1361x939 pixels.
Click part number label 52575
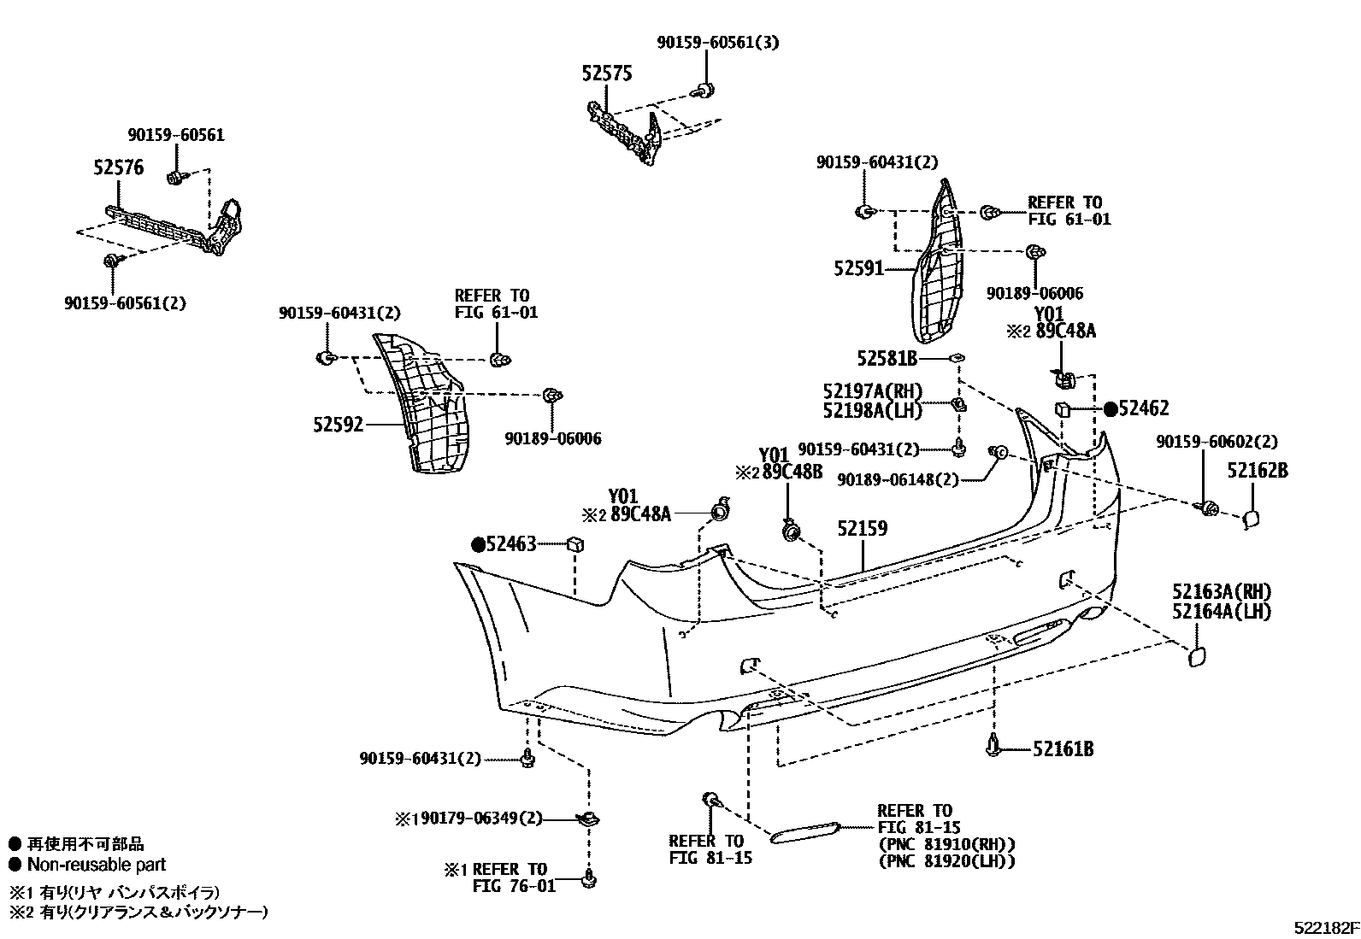pyautogui.click(x=607, y=74)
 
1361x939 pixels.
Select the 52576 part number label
pyautogui.click(x=118, y=168)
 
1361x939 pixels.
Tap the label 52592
pyautogui.click(x=338, y=424)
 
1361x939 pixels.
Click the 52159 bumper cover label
pyautogui.click(x=862, y=529)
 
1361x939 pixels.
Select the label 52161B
pyautogui.click(x=1063, y=749)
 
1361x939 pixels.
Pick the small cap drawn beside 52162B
pyautogui.click(x=1248, y=519)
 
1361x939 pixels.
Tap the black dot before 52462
pyautogui.click(x=1110, y=409)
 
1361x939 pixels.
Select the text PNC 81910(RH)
pyautogui.click(x=946, y=844)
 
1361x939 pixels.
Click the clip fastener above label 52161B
pyautogui.click(x=993, y=745)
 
